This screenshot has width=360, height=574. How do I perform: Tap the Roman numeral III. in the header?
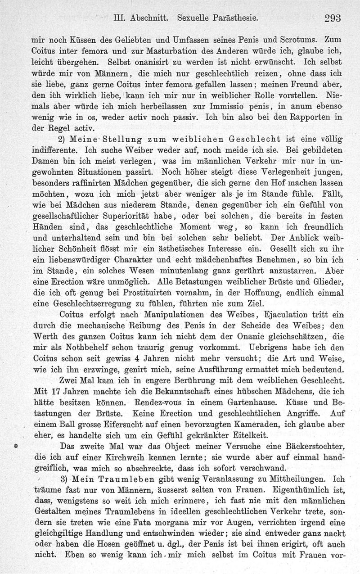pos(120,19)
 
